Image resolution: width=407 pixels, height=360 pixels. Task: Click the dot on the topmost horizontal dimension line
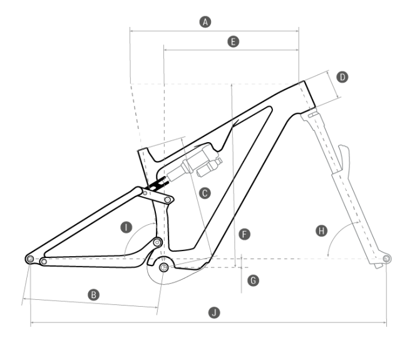pyautogui.click(x=205, y=22)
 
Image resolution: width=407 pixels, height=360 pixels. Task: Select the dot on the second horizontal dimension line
pyautogui.click(x=233, y=41)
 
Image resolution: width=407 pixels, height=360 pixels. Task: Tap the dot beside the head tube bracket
pyautogui.click(x=342, y=77)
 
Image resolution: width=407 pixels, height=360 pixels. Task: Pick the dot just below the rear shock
pyautogui.click(x=205, y=193)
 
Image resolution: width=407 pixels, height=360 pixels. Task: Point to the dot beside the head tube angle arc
pyautogui.click(x=321, y=230)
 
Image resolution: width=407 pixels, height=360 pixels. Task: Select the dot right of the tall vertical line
pyautogui.click(x=245, y=234)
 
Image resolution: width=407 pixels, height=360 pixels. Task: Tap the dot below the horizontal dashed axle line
pyautogui.click(x=253, y=280)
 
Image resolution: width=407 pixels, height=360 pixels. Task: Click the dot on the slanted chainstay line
pyautogui.click(x=94, y=294)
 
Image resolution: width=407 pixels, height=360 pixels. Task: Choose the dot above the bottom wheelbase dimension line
pyautogui.click(x=214, y=312)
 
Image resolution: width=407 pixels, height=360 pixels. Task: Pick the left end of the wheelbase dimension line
pyautogui.click(x=31, y=323)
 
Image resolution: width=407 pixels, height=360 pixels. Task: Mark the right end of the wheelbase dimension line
pyautogui.click(x=386, y=323)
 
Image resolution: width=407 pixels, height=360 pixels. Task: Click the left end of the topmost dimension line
pyautogui.click(x=130, y=29)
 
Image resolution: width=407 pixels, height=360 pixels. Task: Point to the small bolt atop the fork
pyautogui.click(x=310, y=115)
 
